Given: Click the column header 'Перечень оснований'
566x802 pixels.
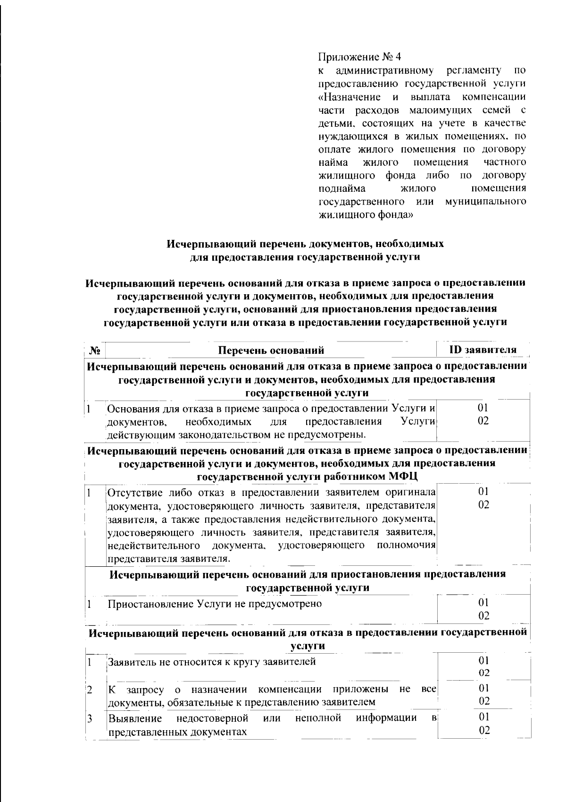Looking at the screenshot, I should pos(271,350).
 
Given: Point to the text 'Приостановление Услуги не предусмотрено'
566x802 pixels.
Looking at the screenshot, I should pos(215,604).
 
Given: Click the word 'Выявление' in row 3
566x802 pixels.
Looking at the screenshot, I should pos(135,718).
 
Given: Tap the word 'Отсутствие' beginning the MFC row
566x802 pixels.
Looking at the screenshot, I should pos(135,493).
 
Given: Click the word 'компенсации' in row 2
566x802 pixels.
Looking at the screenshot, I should pos(288,690).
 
